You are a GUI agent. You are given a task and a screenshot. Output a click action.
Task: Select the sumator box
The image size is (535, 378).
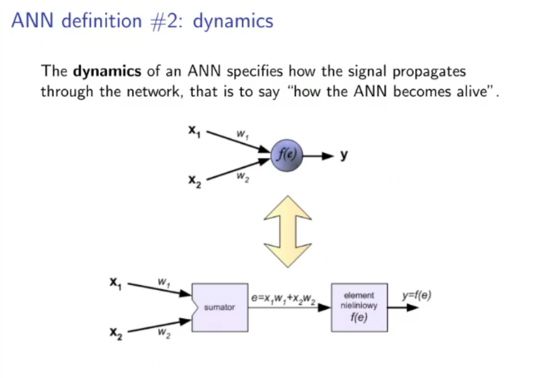tap(220, 306)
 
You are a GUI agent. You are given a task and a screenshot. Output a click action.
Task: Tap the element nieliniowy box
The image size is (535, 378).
tap(359, 307)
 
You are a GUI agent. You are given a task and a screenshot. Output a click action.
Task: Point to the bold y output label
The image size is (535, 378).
tap(344, 155)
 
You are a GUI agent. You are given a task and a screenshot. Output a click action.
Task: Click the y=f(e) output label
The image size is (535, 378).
tap(417, 295)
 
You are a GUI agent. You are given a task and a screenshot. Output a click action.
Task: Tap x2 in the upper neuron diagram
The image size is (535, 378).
tap(194, 181)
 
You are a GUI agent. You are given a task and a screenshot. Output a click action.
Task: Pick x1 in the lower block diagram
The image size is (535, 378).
tap(115, 282)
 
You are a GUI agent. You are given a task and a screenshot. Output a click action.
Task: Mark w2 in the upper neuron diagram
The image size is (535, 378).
tap(241, 176)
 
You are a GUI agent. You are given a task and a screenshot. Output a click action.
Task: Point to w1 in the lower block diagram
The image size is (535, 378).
tap(162, 282)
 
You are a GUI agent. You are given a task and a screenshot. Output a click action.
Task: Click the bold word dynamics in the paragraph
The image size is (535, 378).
tap(107, 72)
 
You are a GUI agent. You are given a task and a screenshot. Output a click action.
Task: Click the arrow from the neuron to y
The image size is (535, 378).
tap(319, 156)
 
